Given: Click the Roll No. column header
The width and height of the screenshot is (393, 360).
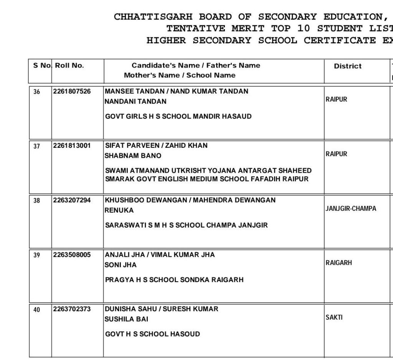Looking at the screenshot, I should [x=69, y=66].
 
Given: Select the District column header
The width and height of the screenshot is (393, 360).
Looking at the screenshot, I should [x=347, y=66].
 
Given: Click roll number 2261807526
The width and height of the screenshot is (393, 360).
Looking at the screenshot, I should [x=72, y=91].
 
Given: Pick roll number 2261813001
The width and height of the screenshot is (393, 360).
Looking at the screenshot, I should [x=72, y=146].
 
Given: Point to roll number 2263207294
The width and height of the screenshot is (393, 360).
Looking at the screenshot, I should [x=72, y=200].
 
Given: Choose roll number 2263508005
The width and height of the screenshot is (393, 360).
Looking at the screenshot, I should [x=72, y=255].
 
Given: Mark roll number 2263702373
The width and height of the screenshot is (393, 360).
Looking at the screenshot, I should [x=72, y=309].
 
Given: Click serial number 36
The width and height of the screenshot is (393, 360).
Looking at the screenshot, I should [x=36, y=92].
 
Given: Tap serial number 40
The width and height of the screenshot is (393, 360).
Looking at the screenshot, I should [x=36, y=310].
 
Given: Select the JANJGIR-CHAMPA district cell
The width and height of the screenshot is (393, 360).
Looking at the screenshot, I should [x=351, y=209].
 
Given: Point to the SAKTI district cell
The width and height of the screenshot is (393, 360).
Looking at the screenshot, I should [x=334, y=318].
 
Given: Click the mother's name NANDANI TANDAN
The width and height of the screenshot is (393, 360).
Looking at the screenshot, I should [x=135, y=102].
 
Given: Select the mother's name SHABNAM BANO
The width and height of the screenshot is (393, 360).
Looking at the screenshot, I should [x=133, y=156].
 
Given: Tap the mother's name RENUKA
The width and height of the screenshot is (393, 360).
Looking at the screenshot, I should [x=119, y=211].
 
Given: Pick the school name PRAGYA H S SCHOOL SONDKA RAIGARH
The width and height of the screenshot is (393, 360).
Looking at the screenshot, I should [x=174, y=280].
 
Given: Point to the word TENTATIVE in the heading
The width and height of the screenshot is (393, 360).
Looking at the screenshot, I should [x=196, y=29].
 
